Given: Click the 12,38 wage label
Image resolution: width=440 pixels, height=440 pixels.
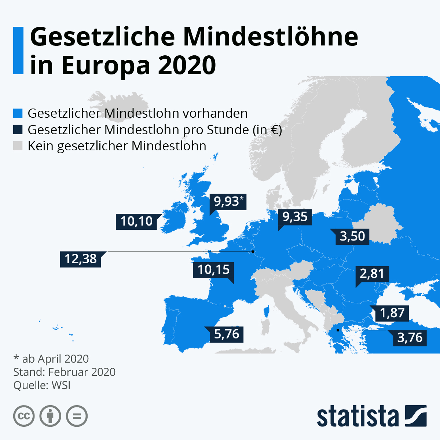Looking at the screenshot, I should pyautogui.click(x=81, y=259).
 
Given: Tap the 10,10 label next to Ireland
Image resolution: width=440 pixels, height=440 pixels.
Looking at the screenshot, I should pyautogui.click(x=136, y=221).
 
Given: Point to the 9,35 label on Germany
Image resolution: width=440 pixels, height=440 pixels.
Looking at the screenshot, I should pyautogui.click(x=295, y=217).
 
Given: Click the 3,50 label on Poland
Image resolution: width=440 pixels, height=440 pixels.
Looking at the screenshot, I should pyautogui.click(x=352, y=236).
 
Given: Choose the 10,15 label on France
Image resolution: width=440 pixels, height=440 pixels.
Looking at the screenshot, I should pyautogui.click(x=213, y=270).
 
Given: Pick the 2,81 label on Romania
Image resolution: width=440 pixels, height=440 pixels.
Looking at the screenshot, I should pyautogui.click(x=372, y=274).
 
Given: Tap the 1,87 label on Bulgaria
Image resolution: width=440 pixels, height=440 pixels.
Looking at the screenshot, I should pyautogui.click(x=392, y=313).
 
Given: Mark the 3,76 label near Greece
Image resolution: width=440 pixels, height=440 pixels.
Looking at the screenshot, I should pyautogui.click(x=410, y=337).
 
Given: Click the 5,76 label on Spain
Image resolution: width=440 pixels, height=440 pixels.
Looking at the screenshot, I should pyautogui.click(x=227, y=334).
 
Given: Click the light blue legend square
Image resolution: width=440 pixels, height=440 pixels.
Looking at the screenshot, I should pyautogui.click(x=18, y=113).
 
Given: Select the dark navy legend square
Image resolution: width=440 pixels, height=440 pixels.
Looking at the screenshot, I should pyautogui.click(x=18, y=129).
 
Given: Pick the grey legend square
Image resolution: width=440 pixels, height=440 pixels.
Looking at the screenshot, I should pyautogui.click(x=18, y=146).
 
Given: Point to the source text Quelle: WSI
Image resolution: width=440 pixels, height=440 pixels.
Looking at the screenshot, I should pyautogui.click(x=42, y=385).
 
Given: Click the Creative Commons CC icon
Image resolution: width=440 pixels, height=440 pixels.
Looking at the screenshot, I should pyautogui.click(x=24, y=416).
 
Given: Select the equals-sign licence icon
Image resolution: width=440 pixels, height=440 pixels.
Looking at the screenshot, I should pyautogui.click(x=77, y=416).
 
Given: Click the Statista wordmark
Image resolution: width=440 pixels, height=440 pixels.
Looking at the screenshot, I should pyautogui.click(x=357, y=416).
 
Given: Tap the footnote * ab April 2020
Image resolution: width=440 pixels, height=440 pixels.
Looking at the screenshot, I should pyautogui.click(x=51, y=359).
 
